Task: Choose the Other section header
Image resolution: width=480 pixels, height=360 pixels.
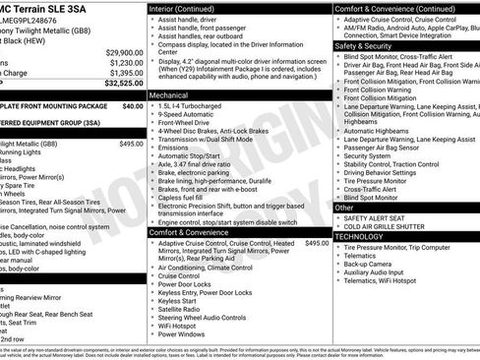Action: [x=344, y=208]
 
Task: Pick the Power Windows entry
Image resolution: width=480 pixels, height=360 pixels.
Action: [x=188, y=334]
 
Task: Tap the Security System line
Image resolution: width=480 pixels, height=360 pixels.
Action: [x=368, y=155]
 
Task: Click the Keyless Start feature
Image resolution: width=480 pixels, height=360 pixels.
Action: [x=184, y=300]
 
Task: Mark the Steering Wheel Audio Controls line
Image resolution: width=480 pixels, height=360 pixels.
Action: [x=210, y=317]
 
